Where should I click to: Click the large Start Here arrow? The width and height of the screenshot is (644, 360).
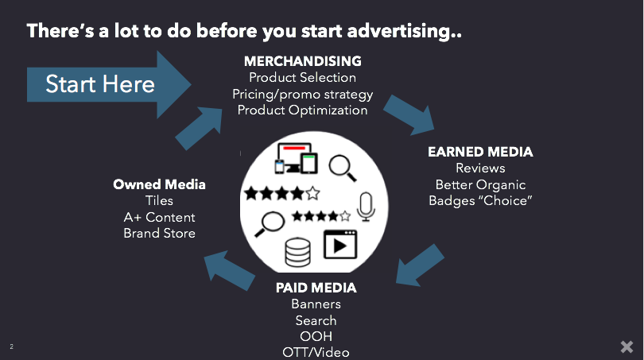coord(109,84)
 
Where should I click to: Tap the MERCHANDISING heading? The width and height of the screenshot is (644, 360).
coord(303,61)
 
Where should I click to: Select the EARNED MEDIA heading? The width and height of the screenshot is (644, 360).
coord(480,152)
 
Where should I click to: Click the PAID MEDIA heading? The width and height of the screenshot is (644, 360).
coord(316,288)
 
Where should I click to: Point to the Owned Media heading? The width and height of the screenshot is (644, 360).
coord(159,184)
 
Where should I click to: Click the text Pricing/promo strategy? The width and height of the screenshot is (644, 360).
coord(303,95)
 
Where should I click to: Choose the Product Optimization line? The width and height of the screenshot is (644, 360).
coord(302,110)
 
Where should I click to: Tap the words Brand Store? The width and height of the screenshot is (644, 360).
coord(159,233)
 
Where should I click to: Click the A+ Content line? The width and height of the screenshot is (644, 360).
coord(159,217)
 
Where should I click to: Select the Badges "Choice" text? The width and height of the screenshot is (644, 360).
coord(480,201)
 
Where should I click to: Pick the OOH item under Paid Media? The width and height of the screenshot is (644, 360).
coord(316,336)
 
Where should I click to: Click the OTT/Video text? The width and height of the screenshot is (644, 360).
coord(316,352)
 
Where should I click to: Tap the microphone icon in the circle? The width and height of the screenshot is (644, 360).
coord(366,207)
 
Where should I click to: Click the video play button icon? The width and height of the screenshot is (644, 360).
coord(340,245)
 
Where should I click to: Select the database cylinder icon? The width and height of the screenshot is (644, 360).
coord(298,252)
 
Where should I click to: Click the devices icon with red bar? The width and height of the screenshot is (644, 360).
coord(297,158)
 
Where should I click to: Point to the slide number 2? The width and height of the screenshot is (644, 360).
coord(11,346)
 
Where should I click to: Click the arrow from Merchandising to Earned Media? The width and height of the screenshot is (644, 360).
coord(409,114)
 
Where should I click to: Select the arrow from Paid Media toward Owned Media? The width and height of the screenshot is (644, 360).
coord(229,270)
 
